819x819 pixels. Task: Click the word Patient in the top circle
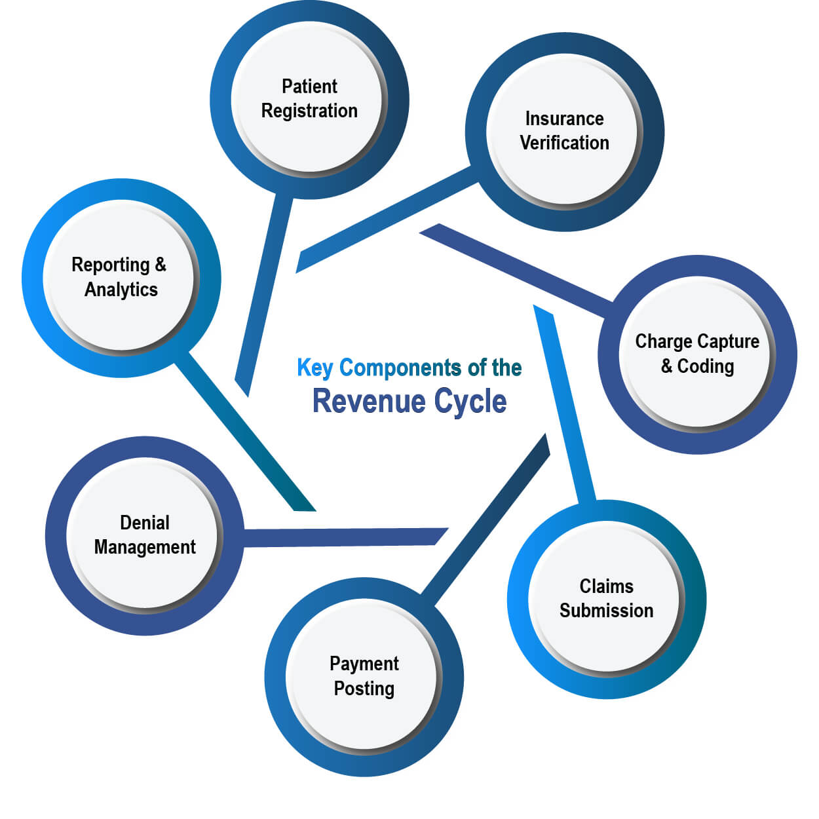[x=309, y=86]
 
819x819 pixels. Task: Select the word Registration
[x=309, y=111]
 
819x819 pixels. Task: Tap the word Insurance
[x=564, y=119]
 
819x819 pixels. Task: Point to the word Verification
[x=564, y=143]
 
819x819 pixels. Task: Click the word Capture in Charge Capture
[x=728, y=342]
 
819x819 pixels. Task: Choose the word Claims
[x=606, y=586]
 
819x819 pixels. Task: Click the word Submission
[x=606, y=611]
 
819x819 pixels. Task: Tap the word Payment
[x=364, y=664]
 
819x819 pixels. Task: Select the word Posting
[x=364, y=689]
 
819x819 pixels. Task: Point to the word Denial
[x=144, y=522]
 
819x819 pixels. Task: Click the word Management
[x=144, y=547]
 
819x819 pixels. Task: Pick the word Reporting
[x=111, y=265]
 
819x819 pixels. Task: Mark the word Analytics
[x=121, y=290]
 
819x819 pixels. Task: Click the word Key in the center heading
[x=314, y=368]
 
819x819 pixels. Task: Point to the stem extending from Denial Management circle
[x=341, y=537]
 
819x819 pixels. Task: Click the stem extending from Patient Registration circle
[x=262, y=295]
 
